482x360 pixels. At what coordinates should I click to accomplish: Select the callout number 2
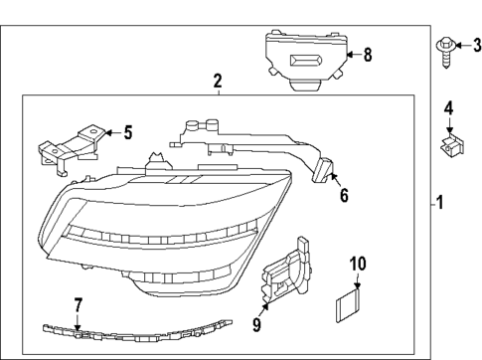(218, 80)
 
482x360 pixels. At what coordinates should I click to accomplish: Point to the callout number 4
(448, 107)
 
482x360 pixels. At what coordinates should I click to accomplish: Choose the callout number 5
(126, 131)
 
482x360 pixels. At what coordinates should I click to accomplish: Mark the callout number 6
(344, 196)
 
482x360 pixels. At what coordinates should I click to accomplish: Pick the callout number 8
(367, 55)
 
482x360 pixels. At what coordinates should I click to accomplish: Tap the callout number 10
(358, 265)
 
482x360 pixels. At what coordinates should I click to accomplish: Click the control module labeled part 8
(303, 60)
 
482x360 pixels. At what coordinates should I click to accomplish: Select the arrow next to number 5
(111, 131)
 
